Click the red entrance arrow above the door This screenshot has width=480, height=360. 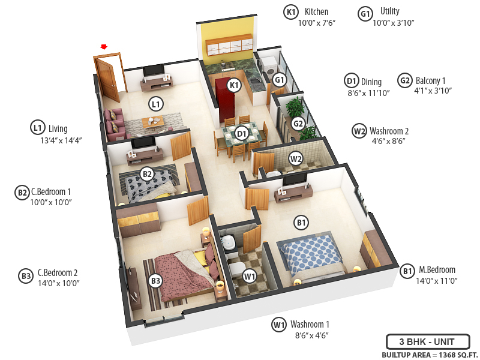pos(104,46)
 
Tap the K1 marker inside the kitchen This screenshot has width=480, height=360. pos(235,85)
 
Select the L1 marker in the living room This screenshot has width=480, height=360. pos(156,104)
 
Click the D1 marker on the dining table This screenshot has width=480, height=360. pos(242,133)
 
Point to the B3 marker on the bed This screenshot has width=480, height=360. pos(155,280)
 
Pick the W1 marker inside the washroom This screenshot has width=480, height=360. pos(250,277)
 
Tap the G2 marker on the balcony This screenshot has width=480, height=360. pos(298,124)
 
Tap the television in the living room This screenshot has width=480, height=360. pos(154,69)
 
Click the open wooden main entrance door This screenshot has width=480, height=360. pos(109,78)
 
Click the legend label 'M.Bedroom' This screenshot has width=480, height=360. pos(437,270)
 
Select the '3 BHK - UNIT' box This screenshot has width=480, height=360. pos(427,342)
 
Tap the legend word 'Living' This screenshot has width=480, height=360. pos(58,128)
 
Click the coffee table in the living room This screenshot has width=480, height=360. pos(154,122)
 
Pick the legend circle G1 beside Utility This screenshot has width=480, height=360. pos(365,13)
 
